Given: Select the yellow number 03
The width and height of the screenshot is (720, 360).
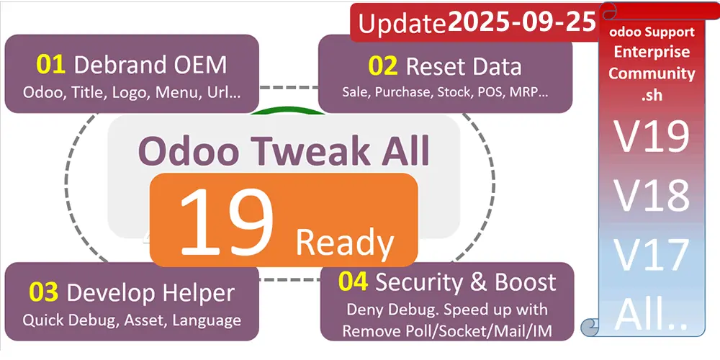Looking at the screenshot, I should tap(44, 293).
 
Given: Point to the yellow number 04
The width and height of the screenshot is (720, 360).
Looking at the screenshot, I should tap(354, 282).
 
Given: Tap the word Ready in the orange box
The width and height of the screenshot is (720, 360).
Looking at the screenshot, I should tap(344, 243).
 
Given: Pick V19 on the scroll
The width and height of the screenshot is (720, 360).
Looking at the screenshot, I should tap(652, 138).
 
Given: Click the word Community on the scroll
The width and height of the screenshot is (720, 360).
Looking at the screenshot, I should tap(652, 73).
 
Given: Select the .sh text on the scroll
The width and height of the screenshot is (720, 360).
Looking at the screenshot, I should tap(652, 93).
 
